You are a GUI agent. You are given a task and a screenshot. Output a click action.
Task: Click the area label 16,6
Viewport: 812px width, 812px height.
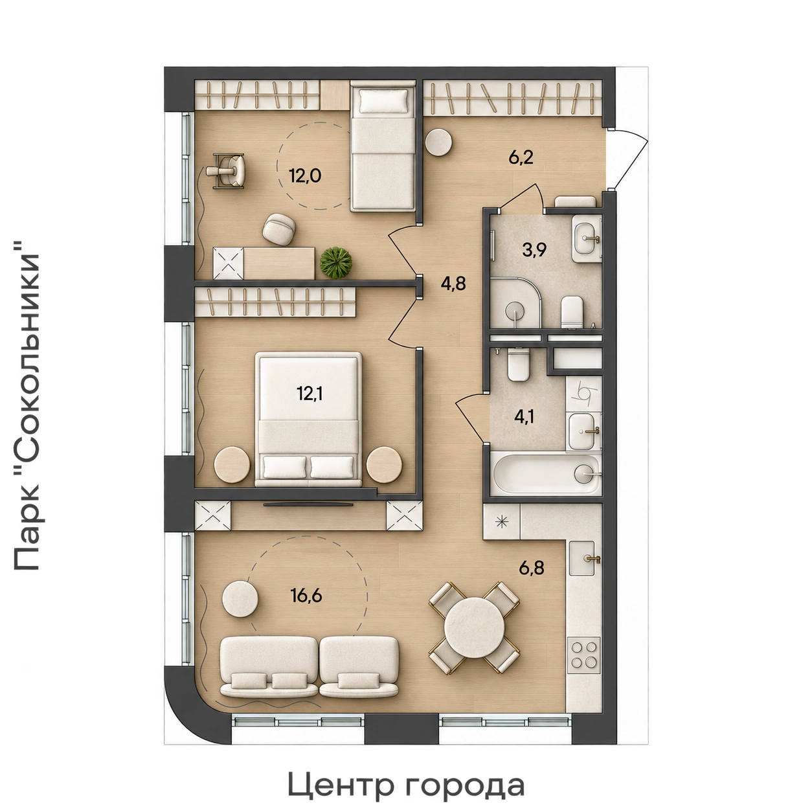point(306,596)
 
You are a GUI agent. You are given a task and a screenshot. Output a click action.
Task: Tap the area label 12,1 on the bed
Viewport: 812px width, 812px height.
point(310,395)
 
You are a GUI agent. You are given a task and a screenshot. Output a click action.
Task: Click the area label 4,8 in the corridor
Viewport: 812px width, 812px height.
point(453,283)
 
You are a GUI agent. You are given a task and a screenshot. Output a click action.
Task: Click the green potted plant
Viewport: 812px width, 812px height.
point(336,262)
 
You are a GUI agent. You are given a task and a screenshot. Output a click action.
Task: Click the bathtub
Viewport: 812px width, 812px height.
point(546,473)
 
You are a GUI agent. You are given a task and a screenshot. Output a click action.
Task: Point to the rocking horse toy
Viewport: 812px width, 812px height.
point(226,171)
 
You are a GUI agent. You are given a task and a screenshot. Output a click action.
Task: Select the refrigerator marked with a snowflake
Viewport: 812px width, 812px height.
point(502,523)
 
